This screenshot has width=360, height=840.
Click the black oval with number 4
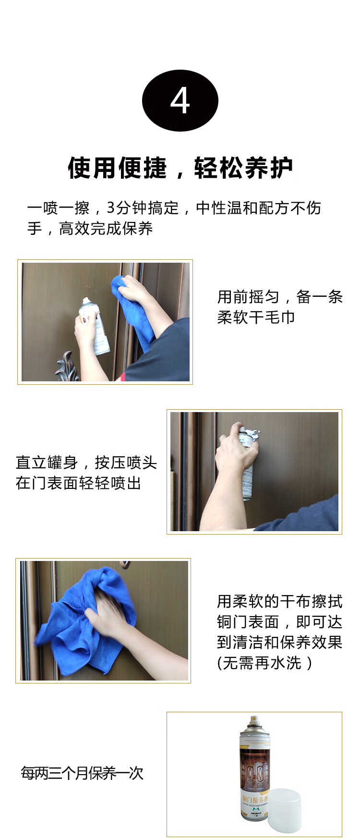(x=180, y=100)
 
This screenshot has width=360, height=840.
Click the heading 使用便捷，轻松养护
(x=180, y=168)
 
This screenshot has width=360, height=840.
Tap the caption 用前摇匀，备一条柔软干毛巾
(x=280, y=307)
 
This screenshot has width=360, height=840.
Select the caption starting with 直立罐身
(x=86, y=473)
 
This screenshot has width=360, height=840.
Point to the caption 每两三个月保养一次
(x=82, y=773)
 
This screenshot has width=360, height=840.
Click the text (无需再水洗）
(x=265, y=663)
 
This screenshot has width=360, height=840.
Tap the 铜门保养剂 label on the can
(x=253, y=800)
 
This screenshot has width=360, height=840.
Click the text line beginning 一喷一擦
(x=174, y=208)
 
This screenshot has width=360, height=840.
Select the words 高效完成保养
(x=106, y=229)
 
